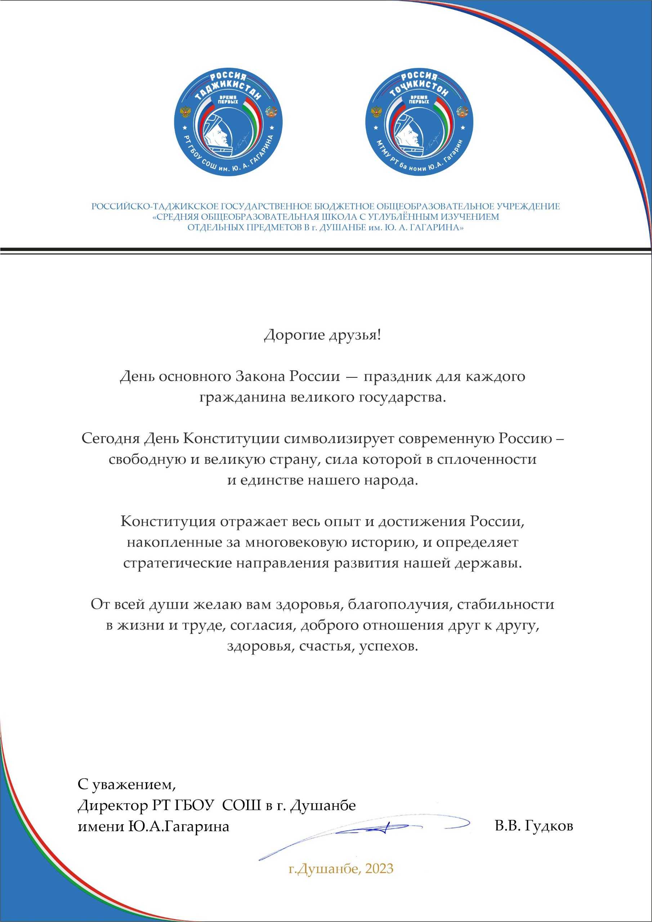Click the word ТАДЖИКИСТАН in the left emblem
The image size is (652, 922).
pos(228,88)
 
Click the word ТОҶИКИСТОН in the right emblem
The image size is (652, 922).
pos(419,88)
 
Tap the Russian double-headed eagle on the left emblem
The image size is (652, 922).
pos(185,112)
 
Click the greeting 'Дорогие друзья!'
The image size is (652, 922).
pos(322,335)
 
